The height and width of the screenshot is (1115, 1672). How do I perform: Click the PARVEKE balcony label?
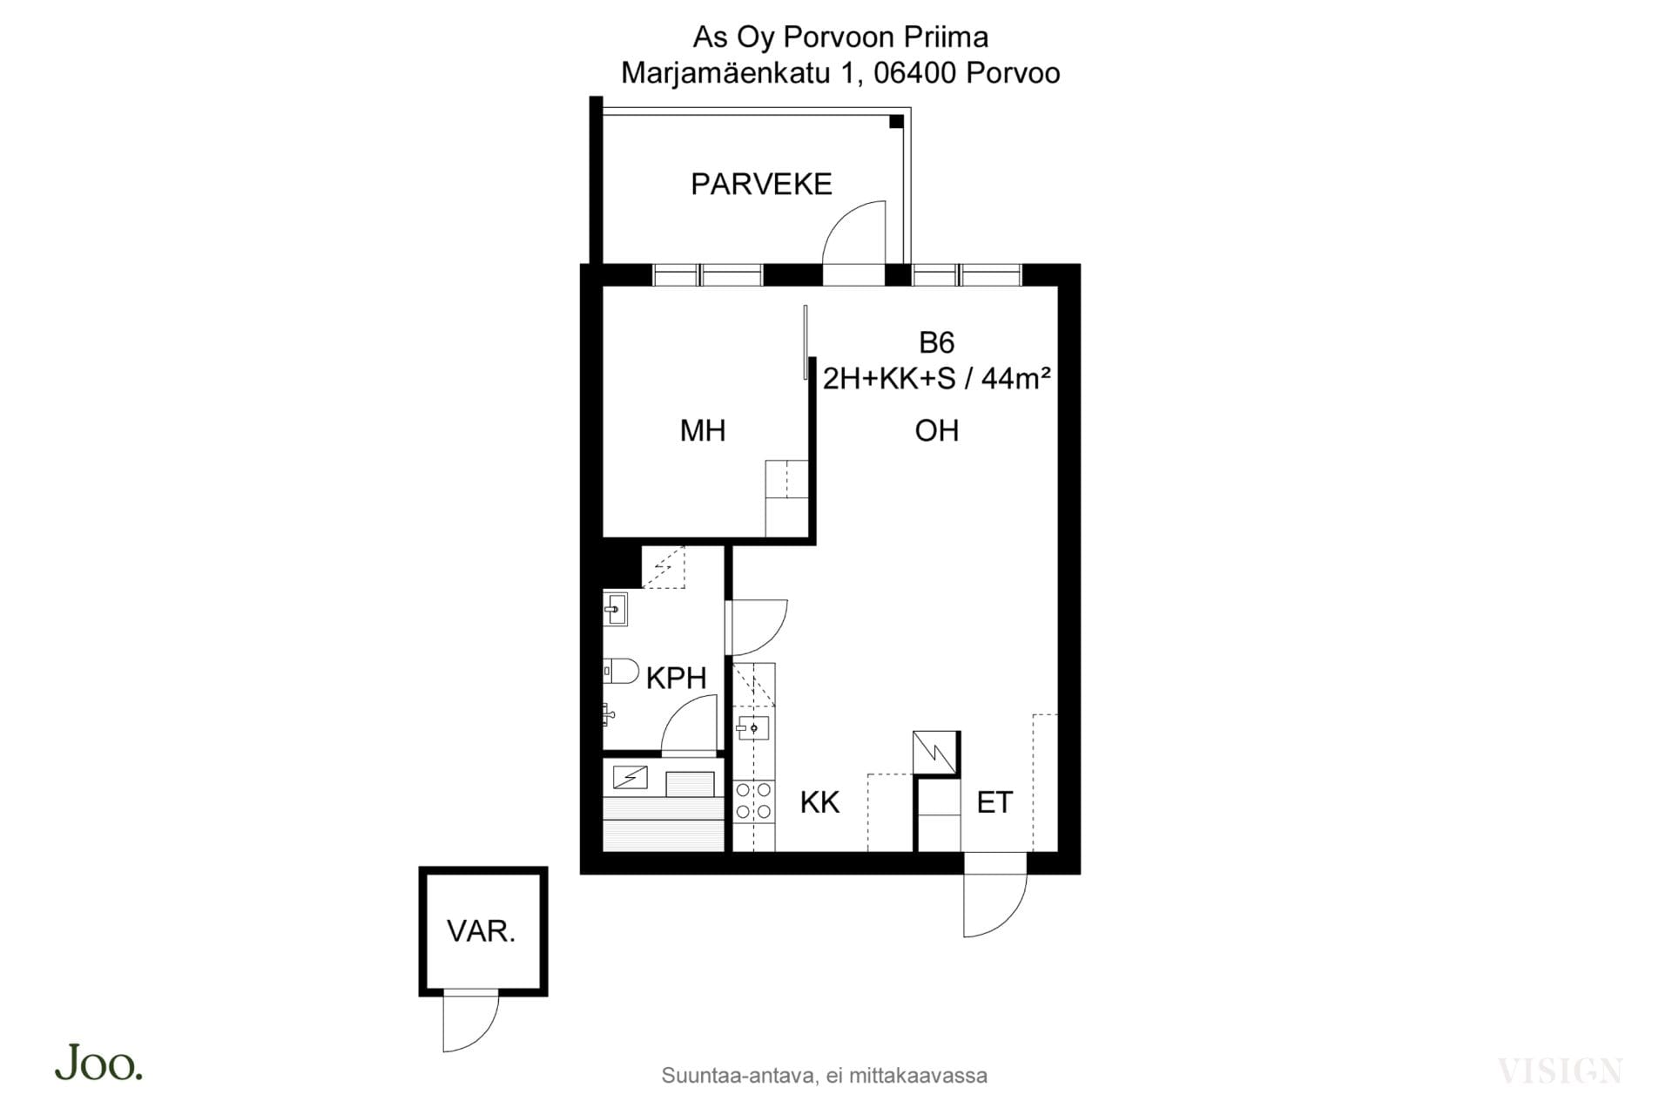761,185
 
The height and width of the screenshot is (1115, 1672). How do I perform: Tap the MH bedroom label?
703,430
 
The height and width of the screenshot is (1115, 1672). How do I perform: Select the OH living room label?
937,430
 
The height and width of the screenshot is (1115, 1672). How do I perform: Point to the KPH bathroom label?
676,678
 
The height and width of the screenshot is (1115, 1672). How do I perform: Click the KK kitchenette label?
819,802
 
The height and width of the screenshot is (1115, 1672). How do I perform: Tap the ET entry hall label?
994,802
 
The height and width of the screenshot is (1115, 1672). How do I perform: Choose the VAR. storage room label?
482,931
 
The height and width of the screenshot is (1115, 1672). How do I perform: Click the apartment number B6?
937,342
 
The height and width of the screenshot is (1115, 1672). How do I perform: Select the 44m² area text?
1015,378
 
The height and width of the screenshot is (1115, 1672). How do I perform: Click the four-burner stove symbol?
753,801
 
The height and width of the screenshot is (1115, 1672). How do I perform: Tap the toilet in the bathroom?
621,672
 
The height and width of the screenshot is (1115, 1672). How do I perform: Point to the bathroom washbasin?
616,609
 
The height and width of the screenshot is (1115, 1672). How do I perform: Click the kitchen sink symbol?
752,726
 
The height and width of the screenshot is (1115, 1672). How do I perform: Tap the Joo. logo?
98,1063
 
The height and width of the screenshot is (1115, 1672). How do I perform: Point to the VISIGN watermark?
1560,1071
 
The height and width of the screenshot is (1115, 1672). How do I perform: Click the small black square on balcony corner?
896,122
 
